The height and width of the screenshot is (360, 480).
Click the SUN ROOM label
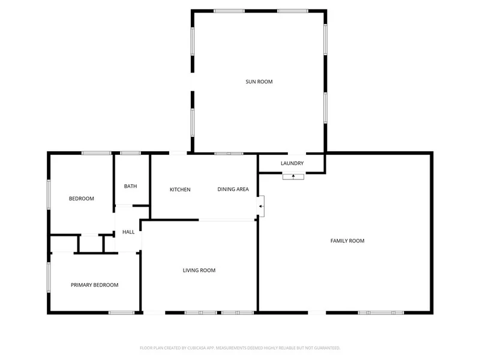(x=259, y=82)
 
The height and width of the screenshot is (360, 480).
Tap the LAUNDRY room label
(x=292, y=163)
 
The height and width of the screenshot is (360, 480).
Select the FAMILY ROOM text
(x=347, y=241)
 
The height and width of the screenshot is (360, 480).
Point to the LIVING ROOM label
(x=199, y=271)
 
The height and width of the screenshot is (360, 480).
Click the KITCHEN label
(x=180, y=190)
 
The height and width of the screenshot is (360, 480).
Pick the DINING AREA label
(x=233, y=190)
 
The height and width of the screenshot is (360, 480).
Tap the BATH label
(x=130, y=186)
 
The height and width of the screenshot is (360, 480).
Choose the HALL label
(x=128, y=232)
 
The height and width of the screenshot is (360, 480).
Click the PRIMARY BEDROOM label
(x=95, y=285)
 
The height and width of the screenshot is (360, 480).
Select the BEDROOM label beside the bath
(x=82, y=199)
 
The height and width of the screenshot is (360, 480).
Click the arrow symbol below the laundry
(x=293, y=176)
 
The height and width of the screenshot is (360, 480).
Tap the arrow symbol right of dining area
(x=260, y=206)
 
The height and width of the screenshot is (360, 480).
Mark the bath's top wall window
(x=130, y=153)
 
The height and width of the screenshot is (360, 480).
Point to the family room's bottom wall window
(x=381, y=313)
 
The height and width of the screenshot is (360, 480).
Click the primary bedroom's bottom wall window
(x=122, y=313)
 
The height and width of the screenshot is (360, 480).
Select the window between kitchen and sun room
(x=229, y=154)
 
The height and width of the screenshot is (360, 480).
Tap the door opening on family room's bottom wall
(x=317, y=313)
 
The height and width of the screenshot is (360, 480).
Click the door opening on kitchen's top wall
(x=178, y=153)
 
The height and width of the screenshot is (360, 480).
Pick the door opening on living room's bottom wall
(x=154, y=313)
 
